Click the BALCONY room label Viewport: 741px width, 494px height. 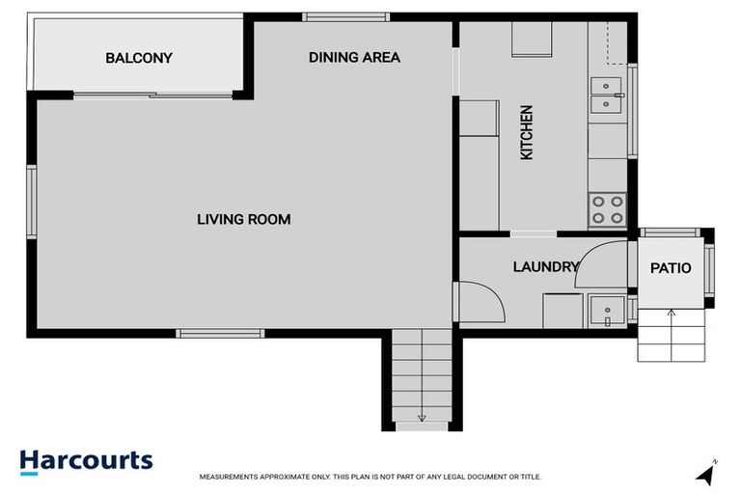click(x=139, y=58)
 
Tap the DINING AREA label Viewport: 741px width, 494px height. click(x=354, y=57)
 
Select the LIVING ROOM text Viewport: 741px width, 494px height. click(x=243, y=220)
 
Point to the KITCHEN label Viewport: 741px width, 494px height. click(x=526, y=132)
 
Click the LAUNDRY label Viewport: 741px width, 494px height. click(x=545, y=267)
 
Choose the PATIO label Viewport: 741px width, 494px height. click(x=671, y=268)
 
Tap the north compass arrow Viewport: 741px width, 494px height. click(x=707, y=473)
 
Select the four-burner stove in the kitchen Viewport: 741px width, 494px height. click(x=607, y=209)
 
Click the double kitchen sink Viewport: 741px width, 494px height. click(x=605, y=93)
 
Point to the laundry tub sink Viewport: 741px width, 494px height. click(x=606, y=311)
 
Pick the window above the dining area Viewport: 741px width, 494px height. click(x=345, y=16)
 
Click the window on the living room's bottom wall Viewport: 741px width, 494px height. click(x=220, y=334)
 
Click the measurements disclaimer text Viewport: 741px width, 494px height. click(x=370, y=477)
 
